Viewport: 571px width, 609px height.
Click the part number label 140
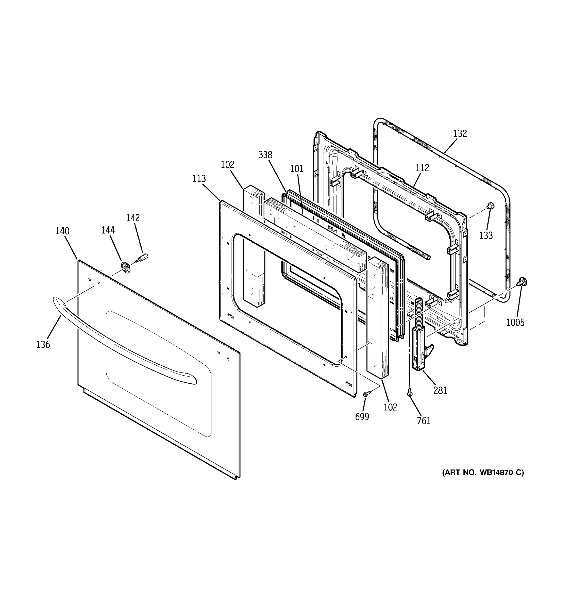coord(62,231)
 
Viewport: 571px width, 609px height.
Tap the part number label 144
coord(108,230)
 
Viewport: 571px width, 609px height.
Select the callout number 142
coord(133,218)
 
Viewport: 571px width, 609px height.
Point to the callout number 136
coord(43,345)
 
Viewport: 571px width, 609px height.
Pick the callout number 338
coord(265,155)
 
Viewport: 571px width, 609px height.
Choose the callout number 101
coord(297,169)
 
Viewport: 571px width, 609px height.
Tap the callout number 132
coord(460,133)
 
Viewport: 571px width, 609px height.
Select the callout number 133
coord(486,235)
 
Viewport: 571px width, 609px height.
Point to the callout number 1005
coord(515,322)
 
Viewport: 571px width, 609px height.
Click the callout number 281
coord(440,390)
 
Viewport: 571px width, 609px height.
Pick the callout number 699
coord(362,417)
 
